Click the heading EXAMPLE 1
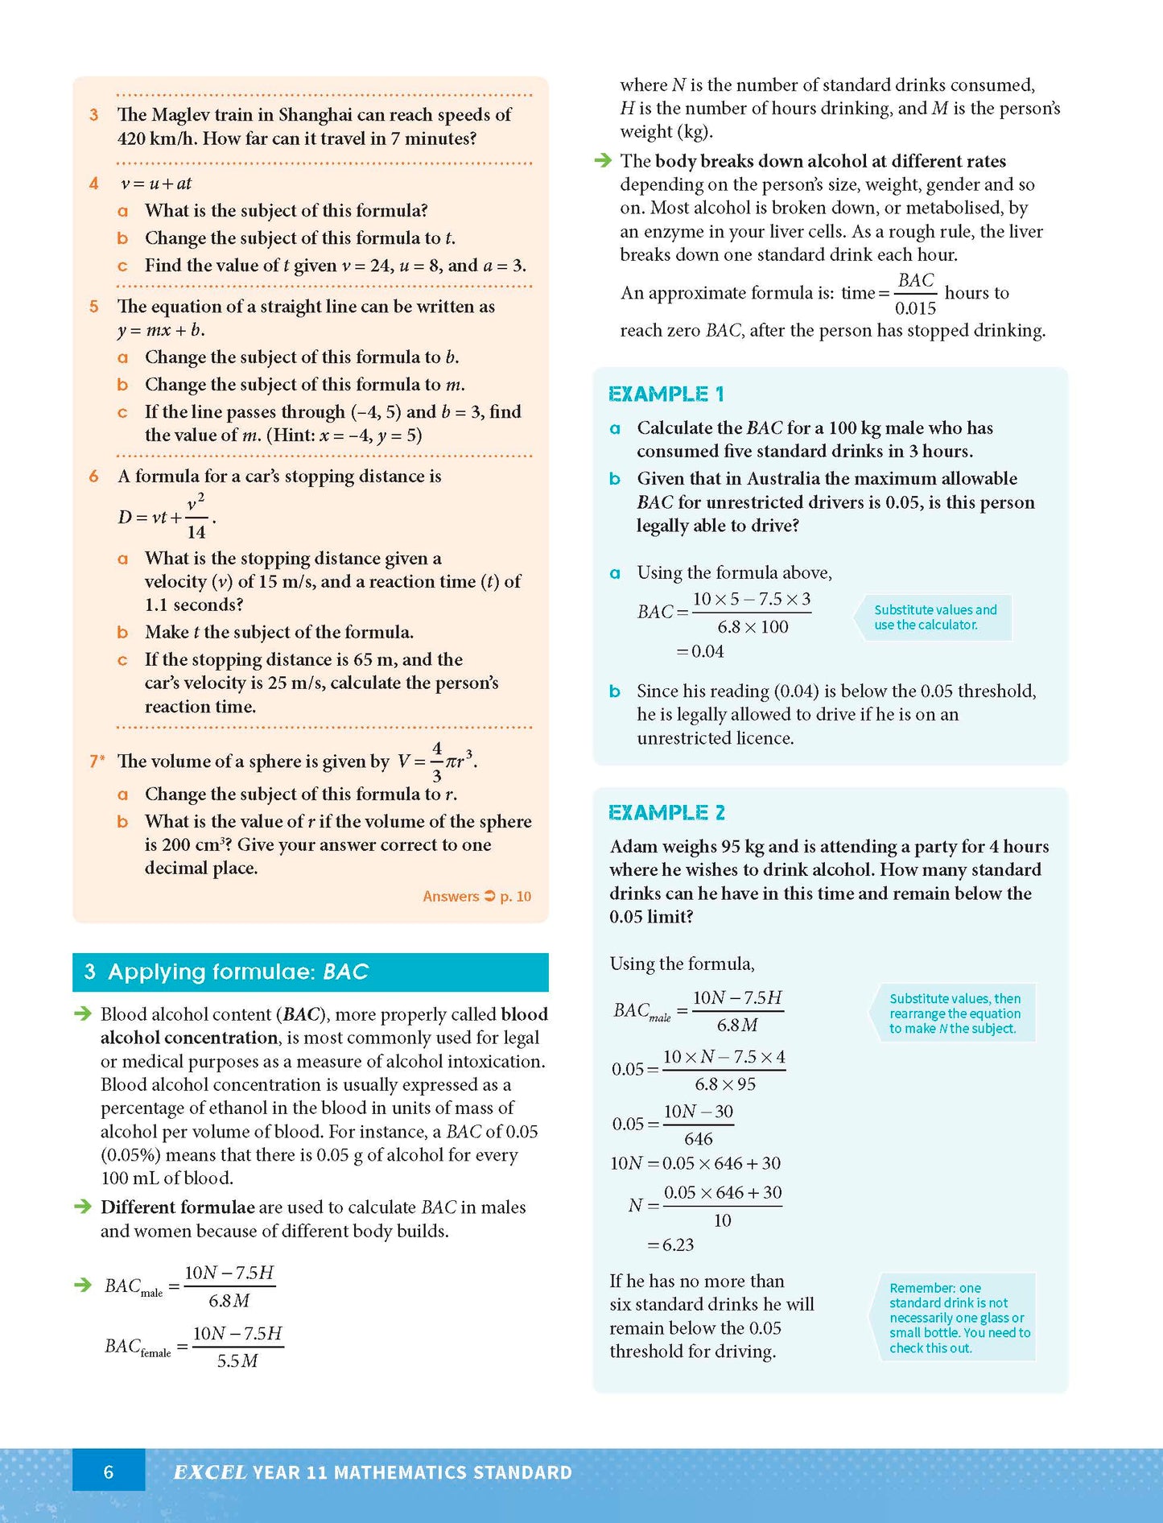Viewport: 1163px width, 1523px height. (666, 394)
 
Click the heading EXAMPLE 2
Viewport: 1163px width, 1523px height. (666, 812)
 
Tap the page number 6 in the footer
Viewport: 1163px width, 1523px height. (109, 1472)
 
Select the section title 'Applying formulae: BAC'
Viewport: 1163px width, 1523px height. (237, 972)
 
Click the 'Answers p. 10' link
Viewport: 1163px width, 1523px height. (476, 896)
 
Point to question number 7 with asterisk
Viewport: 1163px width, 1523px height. (97, 761)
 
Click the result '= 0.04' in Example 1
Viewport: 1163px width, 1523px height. (700, 651)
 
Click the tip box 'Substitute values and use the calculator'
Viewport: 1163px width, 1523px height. (934, 617)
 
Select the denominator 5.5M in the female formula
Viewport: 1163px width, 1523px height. (237, 1361)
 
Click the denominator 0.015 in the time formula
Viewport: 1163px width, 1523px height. (915, 308)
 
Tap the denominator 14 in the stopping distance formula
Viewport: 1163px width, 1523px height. (196, 532)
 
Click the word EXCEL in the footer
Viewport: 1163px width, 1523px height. (209, 1472)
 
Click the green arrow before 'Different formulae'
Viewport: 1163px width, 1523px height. (82, 1207)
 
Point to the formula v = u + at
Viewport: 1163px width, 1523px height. (156, 184)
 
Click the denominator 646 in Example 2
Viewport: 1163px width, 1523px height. (698, 1139)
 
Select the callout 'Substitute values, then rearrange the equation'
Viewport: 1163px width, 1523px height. (955, 1013)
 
